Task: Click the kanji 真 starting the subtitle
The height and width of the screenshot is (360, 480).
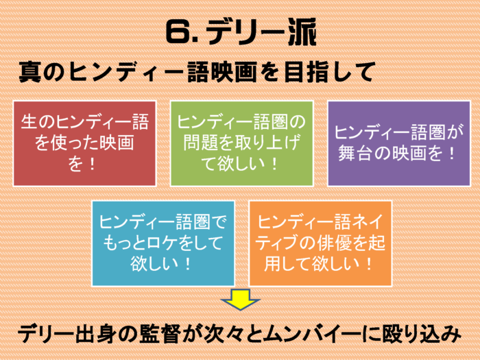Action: pyautogui.click(x=30, y=72)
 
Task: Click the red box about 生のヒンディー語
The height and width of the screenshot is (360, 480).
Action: pyautogui.click(x=84, y=143)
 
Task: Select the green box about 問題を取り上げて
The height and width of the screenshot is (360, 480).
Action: pyautogui.click(x=241, y=143)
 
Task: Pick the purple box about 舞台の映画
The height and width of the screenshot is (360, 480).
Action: pyautogui.click(x=399, y=143)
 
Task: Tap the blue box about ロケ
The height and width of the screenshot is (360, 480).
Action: pyautogui.click(x=163, y=243)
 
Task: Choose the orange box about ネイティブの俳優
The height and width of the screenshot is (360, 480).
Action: pyautogui.click(x=320, y=243)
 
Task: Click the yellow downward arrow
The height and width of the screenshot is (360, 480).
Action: pyautogui.click(x=240, y=299)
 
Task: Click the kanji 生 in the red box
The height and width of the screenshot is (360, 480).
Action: pyautogui.click(x=29, y=121)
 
